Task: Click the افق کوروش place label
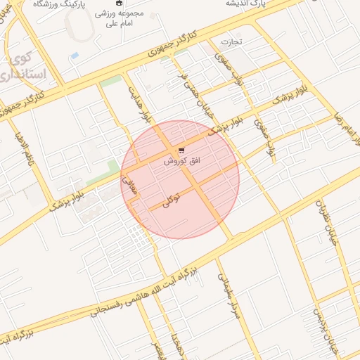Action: [182, 161]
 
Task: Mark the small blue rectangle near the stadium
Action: [75, 54]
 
